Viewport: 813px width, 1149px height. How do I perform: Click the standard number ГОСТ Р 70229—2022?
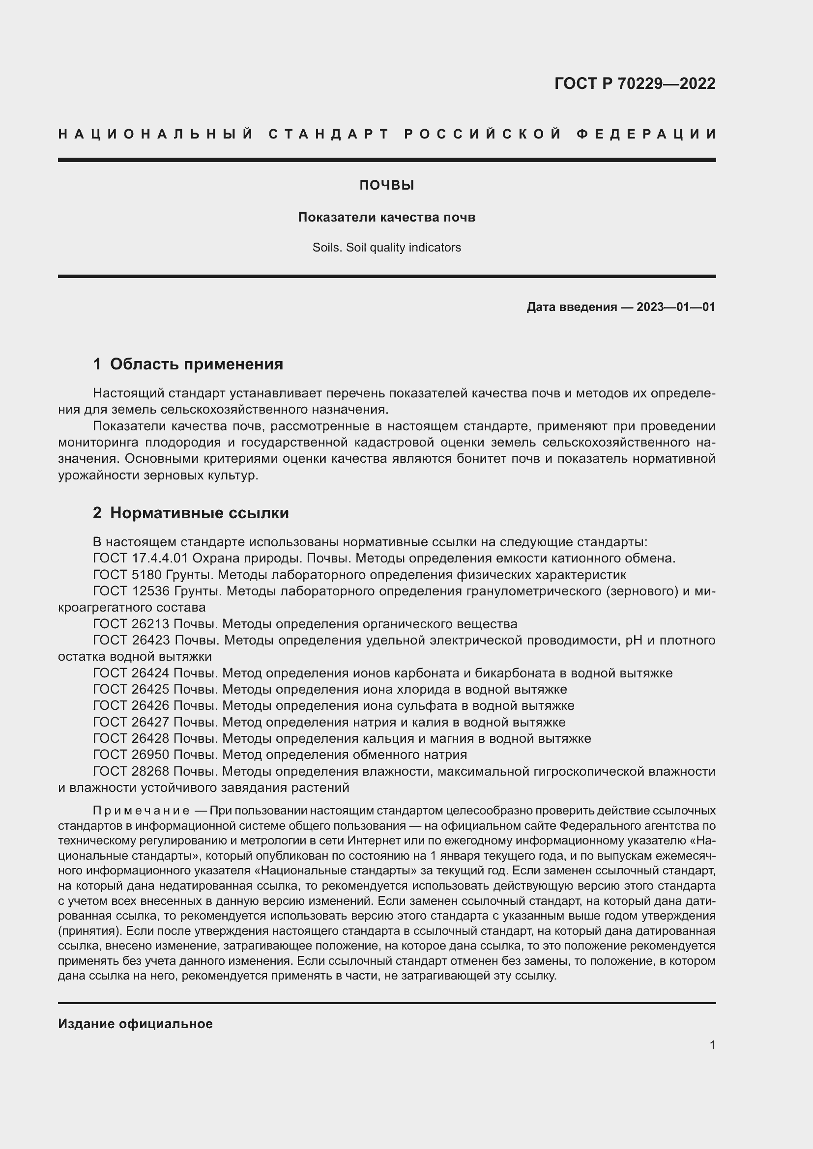tap(634, 84)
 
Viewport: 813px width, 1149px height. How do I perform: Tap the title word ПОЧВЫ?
tap(386, 186)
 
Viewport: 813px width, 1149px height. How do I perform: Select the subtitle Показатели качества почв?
tap(386, 217)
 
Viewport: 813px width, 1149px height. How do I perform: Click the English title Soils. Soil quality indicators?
tap(386, 248)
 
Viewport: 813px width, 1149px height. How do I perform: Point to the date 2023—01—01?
tap(675, 307)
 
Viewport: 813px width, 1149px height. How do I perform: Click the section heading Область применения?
tap(196, 364)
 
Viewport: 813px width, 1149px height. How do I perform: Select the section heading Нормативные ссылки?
tap(199, 513)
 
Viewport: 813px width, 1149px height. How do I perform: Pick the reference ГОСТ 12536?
tap(132, 591)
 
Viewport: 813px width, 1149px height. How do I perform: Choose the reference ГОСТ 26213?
tap(132, 624)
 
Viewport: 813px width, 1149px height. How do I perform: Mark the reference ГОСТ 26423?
tap(132, 641)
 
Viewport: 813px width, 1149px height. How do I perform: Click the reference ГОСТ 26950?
tap(132, 755)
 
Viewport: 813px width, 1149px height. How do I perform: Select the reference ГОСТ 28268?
tap(132, 771)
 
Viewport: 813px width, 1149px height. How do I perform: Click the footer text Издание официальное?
tap(135, 1024)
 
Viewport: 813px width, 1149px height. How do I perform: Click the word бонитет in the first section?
tap(481, 459)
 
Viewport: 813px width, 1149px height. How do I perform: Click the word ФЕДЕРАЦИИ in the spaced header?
tap(646, 134)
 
